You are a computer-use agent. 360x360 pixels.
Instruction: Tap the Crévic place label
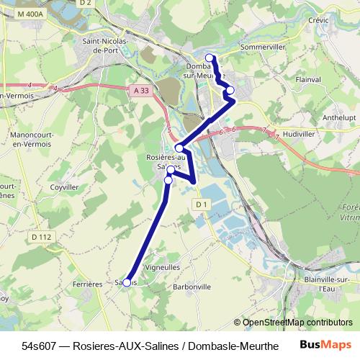(x=318, y=20)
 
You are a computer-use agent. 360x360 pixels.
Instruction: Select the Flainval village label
(x=307, y=80)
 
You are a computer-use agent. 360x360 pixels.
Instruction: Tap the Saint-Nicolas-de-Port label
(x=105, y=46)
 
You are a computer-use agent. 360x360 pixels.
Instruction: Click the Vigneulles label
(x=163, y=266)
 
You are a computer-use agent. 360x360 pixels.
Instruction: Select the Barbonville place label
(x=192, y=286)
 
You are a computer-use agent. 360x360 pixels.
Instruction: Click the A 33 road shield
(x=141, y=89)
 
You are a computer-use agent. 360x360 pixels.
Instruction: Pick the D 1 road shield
(x=201, y=204)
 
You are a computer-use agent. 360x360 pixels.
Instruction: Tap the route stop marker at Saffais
(x=127, y=283)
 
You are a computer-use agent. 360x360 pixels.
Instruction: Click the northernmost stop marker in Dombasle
(x=210, y=58)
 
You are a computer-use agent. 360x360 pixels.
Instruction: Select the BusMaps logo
(x=325, y=345)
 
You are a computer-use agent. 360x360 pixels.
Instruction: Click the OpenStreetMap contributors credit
(x=298, y=323)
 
